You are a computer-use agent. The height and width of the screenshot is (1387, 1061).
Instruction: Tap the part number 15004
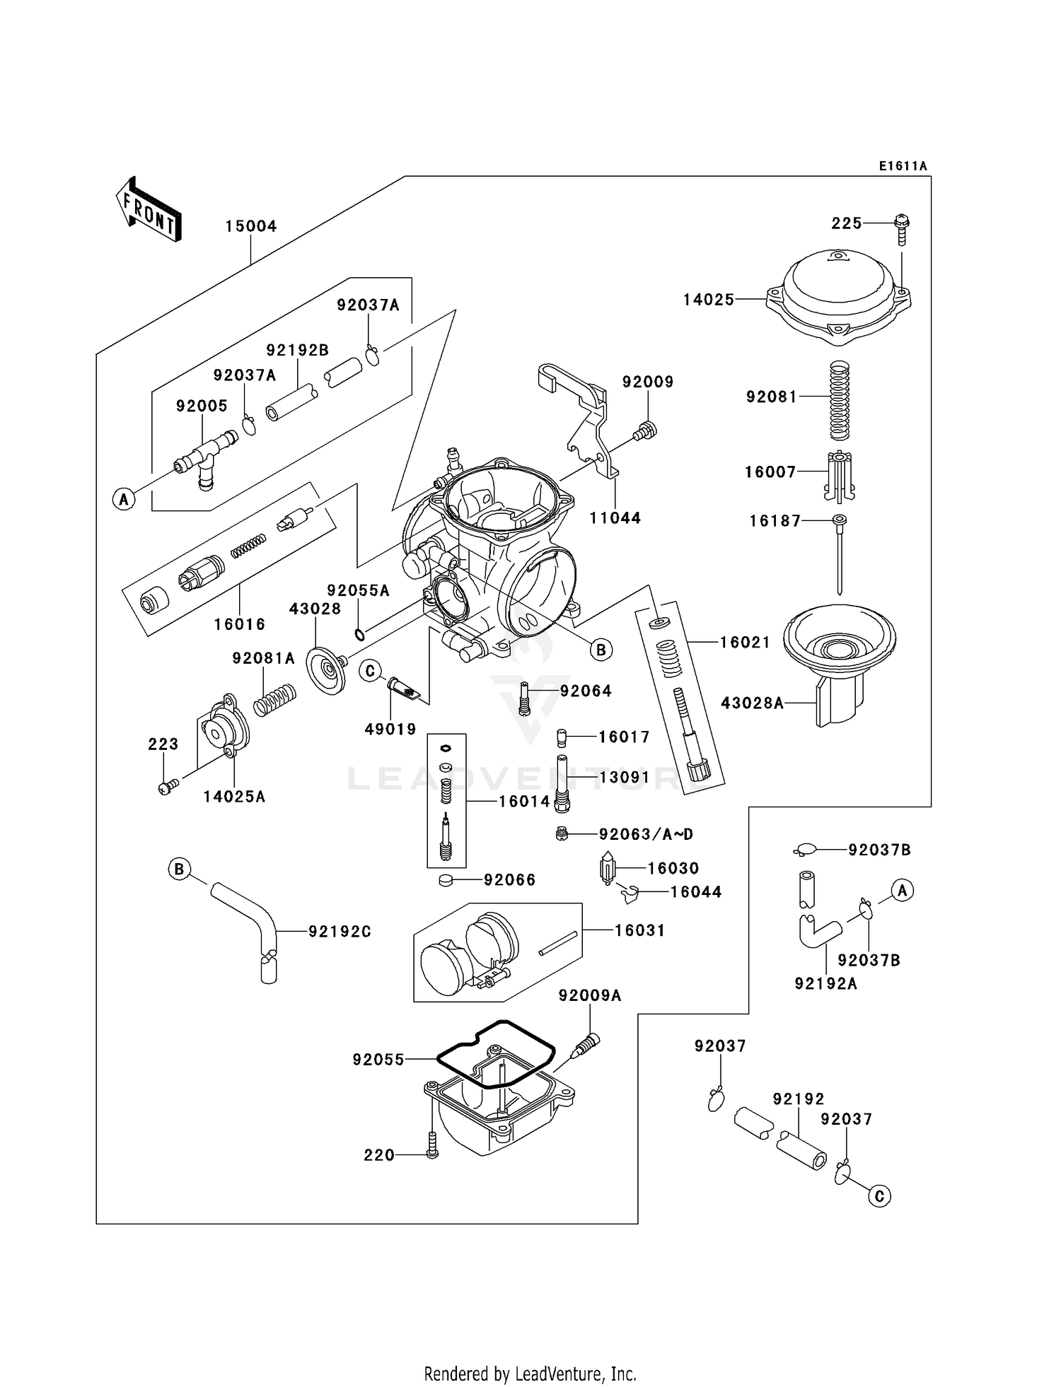coord(251,226)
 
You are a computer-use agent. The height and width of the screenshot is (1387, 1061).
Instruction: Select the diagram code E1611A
coord(903,166)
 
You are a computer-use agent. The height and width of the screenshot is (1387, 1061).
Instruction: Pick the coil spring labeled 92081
coord(839,399)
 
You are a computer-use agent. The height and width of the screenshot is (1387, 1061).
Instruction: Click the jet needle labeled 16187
coord(840,555)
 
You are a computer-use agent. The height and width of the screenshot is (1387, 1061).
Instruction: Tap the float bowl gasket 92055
coord(495,1053)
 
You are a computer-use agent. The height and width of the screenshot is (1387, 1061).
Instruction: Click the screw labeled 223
coord(166,787)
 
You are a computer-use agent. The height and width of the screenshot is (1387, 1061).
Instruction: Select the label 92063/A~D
coord(646,834)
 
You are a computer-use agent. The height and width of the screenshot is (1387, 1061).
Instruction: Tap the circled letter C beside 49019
coord(371,670)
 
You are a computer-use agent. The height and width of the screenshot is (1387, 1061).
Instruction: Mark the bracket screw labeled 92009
coord(647,430)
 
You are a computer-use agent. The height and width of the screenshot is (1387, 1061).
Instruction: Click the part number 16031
coord(639,930)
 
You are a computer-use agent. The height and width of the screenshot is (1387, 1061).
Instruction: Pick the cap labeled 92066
coord(446,880)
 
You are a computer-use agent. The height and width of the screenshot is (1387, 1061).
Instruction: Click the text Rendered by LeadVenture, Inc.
coord(530,1374)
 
